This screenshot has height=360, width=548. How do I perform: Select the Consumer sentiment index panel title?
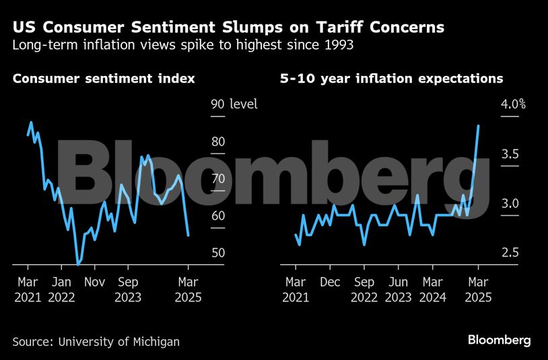click(104, 79)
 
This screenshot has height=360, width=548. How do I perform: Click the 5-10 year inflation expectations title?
click(391, 79)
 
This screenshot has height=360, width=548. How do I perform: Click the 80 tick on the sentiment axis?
click(217, 142)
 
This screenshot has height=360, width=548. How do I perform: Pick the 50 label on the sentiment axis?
click(217, 253)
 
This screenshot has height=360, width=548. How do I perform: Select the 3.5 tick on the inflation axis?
click(509, 154)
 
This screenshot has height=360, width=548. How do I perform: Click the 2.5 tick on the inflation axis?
click(509, 253)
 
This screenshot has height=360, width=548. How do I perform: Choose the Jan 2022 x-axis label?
click(61, 289)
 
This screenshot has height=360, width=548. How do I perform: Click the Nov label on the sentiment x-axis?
click(95, 283)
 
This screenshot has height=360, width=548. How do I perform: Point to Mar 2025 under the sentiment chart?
click(188, 289)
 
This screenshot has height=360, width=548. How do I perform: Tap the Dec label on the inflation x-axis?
click(329, 283)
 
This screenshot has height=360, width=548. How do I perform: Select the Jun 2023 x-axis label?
click(399, 289)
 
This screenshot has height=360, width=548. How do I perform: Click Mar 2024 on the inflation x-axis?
click(433, 289)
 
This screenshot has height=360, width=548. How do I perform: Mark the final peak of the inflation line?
click(478, 126)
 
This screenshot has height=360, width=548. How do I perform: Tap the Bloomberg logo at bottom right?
click(499, 340)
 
